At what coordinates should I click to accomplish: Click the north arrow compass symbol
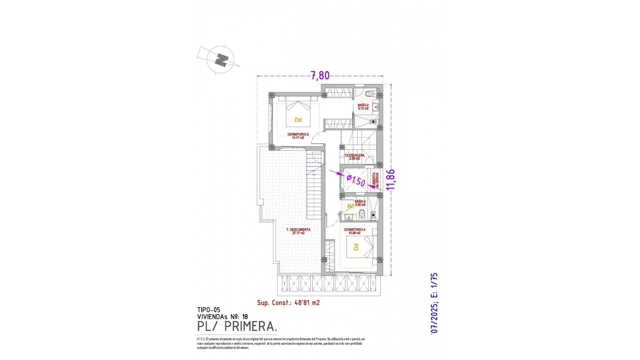coord(220,60)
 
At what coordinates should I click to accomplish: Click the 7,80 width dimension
coord(320,76)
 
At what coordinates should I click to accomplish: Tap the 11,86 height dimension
coord(391,179)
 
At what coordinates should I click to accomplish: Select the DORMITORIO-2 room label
coord(298,136)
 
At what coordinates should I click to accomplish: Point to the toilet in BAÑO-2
coord(369,94)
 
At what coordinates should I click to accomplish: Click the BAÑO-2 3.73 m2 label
coord(363,107)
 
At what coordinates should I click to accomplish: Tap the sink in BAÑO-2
coord(375,107)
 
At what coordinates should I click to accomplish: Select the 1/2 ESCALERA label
coord(354,157)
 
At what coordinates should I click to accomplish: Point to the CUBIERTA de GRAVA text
coord(376,180)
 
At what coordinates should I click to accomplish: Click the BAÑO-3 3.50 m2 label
coord(360,203)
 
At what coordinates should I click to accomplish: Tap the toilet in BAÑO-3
coord(364,214)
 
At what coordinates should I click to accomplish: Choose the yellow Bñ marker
coord(351,206)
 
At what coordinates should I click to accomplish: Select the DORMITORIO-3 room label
coord(354,231)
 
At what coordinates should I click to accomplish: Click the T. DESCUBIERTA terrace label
coord(298,231)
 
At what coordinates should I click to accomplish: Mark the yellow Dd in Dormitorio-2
coord(298,120)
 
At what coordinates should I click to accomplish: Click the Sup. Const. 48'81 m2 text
coord(288,303)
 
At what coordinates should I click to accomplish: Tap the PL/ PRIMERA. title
coord(237,327)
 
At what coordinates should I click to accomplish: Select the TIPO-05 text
coord(209,310)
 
